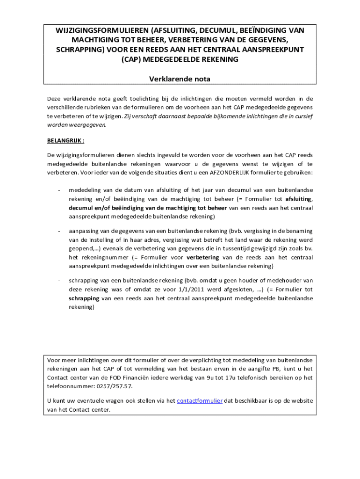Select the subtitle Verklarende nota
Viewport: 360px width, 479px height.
tap(180, 79)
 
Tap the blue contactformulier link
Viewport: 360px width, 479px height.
tap(200, 401)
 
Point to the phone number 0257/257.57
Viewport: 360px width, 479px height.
tap(113, 387)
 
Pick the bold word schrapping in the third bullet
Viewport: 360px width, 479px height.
tap(84, 298)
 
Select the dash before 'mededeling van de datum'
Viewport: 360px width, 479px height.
tap(58, 190)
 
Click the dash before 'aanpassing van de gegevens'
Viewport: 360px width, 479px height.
tap(58, 231)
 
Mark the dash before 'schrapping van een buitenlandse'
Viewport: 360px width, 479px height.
tap(58, 281)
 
